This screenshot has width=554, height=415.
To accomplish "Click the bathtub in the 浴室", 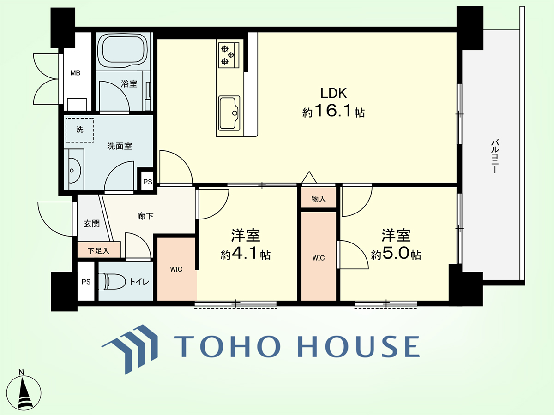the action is tap(122, 51).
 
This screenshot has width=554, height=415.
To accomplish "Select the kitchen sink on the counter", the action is tap(229, 113).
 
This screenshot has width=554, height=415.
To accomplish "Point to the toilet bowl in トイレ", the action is tap(112, 281).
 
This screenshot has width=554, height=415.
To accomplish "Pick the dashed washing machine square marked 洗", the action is tap(79, 130).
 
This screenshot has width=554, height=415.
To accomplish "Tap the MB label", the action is tap(75, 73).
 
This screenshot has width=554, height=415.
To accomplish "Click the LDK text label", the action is tap(334, 93).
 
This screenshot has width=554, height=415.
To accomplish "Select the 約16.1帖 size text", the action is tap(333, 112).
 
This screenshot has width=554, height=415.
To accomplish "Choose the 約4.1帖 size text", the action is tap(245, 254).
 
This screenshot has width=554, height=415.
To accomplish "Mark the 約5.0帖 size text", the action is tap(396, 254).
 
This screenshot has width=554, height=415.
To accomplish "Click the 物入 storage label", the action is tap(319, 199).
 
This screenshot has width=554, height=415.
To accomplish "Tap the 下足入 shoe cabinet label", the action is tap(98, 251).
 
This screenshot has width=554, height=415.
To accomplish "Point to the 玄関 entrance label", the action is tap(91, 224).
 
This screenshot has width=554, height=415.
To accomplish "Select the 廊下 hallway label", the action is tap(145, 216).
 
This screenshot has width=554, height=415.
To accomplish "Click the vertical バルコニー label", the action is tap(495, 156).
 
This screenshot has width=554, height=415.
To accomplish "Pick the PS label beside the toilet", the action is tap(86, 281).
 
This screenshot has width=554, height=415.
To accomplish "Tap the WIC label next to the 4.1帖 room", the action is tap(176, 269).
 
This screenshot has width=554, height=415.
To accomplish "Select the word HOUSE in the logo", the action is tap(359, 346).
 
